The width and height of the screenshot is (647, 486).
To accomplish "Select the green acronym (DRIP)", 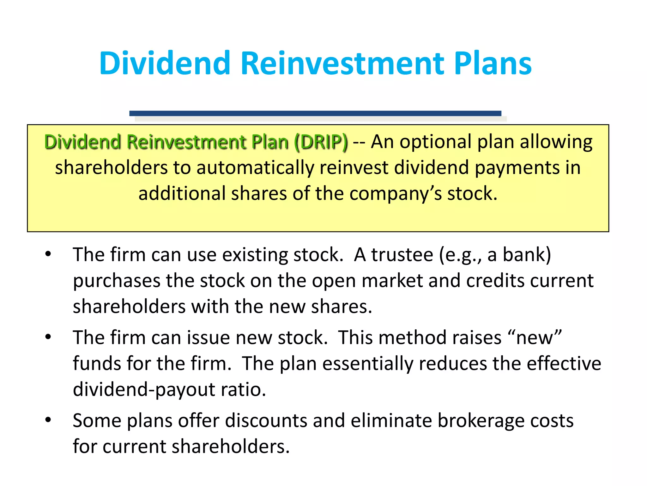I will click(321, 142).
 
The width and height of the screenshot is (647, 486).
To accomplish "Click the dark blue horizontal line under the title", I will click(315, 113).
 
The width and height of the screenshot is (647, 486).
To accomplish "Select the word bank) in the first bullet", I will click(527, 255).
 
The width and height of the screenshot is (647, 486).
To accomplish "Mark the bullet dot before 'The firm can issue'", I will click(48, 337).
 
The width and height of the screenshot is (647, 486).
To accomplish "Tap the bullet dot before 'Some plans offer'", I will click(48, 420).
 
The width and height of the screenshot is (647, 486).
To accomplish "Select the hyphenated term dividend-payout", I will click(144, 389).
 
